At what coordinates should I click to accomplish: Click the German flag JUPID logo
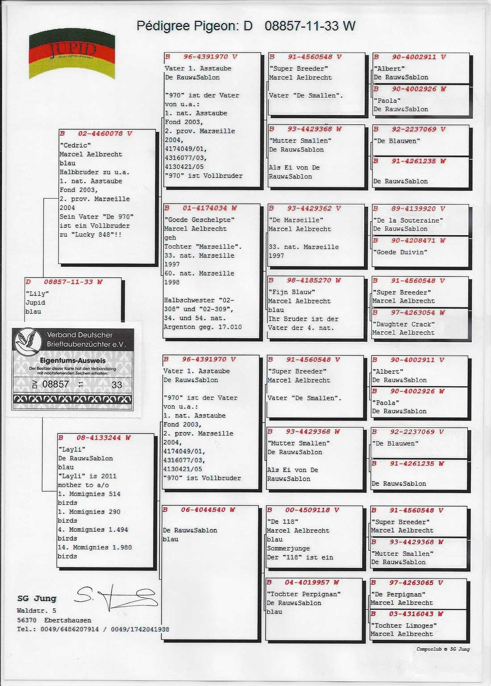(72, 55)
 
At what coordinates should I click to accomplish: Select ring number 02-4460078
(100, 133)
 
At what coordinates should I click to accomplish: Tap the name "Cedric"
(75, 145)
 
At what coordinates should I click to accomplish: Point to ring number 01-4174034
(204, 208)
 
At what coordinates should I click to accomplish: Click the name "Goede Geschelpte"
(199, 220)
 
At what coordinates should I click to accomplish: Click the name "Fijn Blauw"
(291, 292)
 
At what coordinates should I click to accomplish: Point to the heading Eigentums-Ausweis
(73, 360)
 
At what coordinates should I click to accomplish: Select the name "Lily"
(37, 294)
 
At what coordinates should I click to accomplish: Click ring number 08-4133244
(98, 438)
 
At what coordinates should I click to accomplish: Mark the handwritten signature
(117, 597)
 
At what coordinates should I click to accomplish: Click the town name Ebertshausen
(67, 620)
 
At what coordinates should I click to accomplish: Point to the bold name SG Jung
(37, 599)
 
